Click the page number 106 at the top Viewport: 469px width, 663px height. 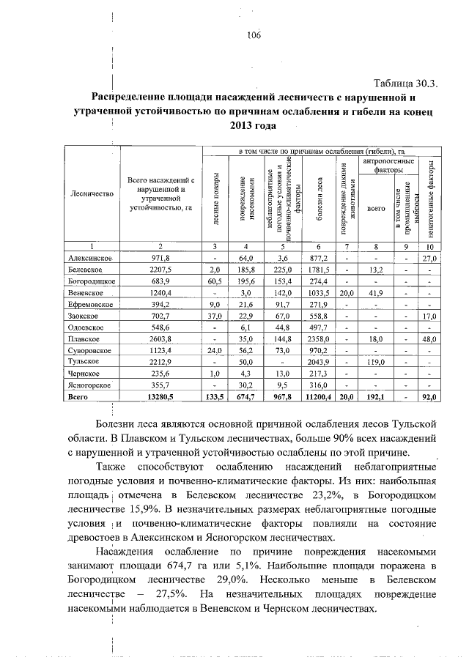254,35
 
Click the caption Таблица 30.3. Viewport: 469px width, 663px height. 405,82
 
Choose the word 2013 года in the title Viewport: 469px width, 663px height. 254,126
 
